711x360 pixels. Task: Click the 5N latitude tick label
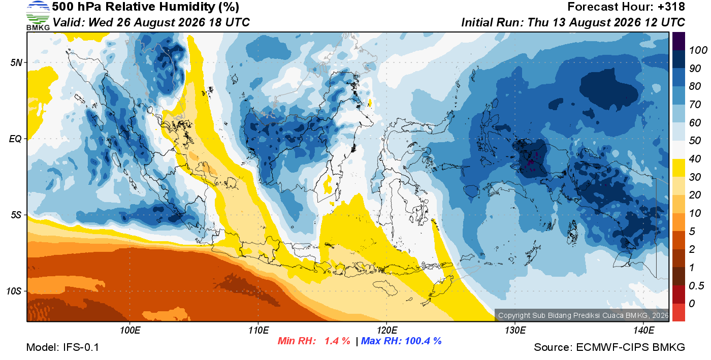click(16, 62)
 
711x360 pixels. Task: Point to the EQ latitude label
click(15, 139)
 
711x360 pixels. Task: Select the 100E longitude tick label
click(130, 330)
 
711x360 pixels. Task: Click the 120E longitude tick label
click(387, 330)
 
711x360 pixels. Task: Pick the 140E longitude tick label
click(644, 330)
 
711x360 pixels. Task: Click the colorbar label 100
click(698, 50)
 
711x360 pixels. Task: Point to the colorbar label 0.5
click(696, 286)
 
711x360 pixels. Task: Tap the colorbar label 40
click(695, 159)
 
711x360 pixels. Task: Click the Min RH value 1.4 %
click(337, 341)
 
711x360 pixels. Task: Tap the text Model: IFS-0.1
click(62, 347)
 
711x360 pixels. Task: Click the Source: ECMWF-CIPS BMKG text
click(609, 347)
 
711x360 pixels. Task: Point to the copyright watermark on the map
click(583, 315)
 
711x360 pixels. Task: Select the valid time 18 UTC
click(229, 22)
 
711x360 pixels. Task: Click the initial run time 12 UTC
click(665, 22)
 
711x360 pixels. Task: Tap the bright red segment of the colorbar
click(678, 312)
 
